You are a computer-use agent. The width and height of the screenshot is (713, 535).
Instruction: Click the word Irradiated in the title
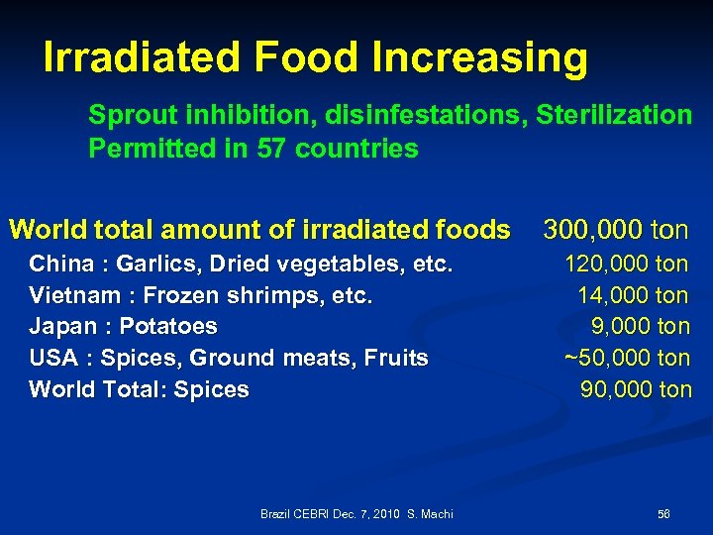pyautogui.click(x=142, y=58)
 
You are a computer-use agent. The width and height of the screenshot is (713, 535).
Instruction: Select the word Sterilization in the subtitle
pyautogui.click(x=614, y=115)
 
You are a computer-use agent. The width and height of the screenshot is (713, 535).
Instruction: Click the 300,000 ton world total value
pyautogui.click(x=615, y=231)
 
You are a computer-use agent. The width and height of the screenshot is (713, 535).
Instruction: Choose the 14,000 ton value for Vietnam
pyautogui.click(x=635, y=295)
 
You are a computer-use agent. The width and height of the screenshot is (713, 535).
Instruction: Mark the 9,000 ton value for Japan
pyautogui.click(x=641, y=326)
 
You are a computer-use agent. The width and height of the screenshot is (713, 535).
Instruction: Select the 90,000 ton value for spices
pyautogui.click(x=636, y=389)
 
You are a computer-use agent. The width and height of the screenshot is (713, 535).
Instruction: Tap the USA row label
pyautogui.click(x=56, y=358)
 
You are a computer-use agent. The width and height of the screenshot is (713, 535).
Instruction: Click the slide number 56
pyautogui.click(x=663, y=513)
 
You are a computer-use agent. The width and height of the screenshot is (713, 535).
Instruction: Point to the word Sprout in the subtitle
pyautogui.click(x=124, y=115)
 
